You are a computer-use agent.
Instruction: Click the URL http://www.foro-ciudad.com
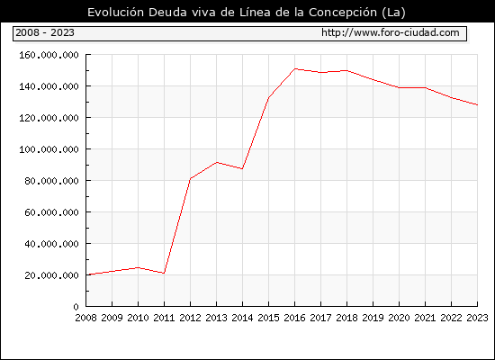point(391,32)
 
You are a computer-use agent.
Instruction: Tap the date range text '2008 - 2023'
point(45,32)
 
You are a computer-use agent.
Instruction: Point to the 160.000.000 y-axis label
point(49,55)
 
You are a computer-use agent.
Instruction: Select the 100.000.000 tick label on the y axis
point(49,149)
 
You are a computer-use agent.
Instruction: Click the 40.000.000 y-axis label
point(52,244)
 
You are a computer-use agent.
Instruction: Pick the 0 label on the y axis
point(76,307)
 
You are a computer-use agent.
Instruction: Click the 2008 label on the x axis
point(85,318)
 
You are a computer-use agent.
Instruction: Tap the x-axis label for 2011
point(164,318)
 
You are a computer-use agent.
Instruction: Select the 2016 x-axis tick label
point(294,318)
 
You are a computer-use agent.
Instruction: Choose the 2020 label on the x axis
point(399,318)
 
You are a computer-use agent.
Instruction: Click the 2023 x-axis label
point(477,318)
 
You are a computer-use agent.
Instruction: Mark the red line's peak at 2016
point(294,68)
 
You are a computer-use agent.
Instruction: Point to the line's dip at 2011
point(164,274)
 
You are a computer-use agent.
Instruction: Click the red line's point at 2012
point(191,179)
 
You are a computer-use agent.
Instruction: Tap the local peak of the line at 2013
point(217,162)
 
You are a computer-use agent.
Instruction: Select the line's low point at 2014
point(242,169)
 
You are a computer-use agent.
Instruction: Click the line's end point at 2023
point(477,104)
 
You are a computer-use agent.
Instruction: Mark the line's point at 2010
point(138,267)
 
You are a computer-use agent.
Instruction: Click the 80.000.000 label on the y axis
point(52,181)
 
